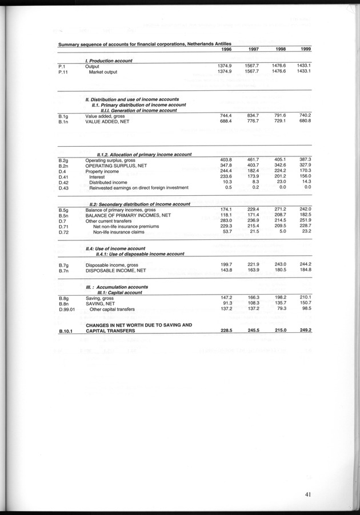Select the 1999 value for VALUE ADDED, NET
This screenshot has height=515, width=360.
click(x=304, y=122)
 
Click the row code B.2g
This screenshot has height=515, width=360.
click(x=63, y=160)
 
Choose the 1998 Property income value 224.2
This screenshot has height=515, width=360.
click(x=278, y=171)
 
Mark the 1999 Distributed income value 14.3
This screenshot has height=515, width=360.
click(x=305, y=182)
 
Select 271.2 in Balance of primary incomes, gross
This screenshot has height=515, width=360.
click(x=278, y=209)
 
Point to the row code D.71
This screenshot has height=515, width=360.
click(x=63, y=226)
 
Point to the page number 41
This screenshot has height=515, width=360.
click(x=307, y=495)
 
